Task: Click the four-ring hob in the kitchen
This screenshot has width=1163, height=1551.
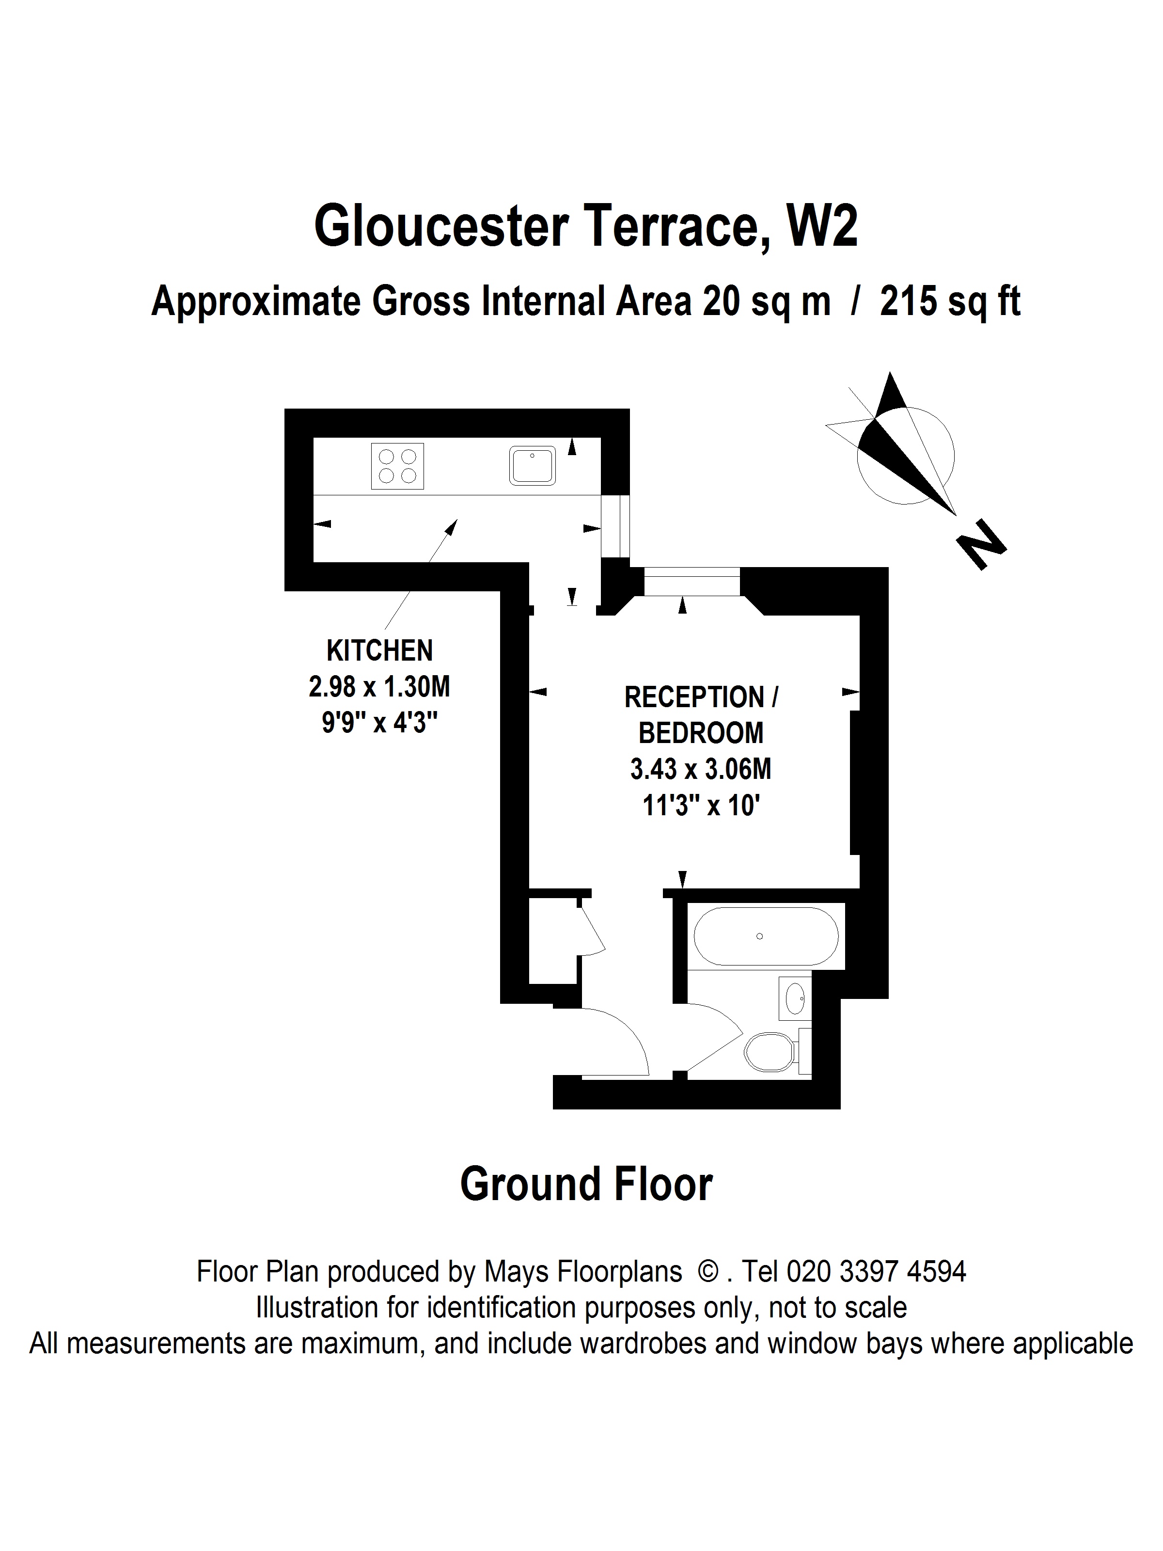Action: pyautogui.click(x=397, y=466)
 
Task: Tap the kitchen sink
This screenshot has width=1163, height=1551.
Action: pyautogui.click(x=532, y=465)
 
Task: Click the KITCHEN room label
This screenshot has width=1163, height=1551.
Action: pyautogui.click(x=379, y=650)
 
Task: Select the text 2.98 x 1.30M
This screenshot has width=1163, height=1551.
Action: pyautogui.click(x=379, y=686)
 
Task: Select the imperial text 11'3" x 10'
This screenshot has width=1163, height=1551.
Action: pyautogui.click(x=702, y=806)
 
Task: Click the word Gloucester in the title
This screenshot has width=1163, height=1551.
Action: pyautogui.click(x=440, y=226)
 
